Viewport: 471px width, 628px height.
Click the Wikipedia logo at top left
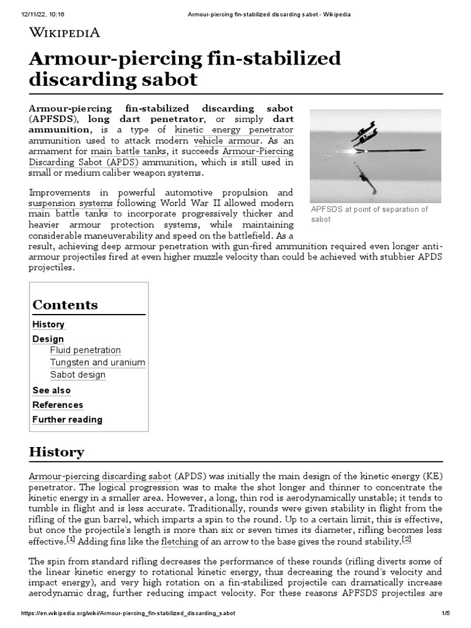click(64, 33)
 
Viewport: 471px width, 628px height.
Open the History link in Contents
click(48, 324)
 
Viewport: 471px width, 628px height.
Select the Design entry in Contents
click(48, 339)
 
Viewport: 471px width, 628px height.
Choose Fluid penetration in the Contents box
click(85, 350)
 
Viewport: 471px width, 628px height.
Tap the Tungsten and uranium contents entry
click(98, 362)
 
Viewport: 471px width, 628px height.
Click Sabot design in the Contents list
click(78, 375)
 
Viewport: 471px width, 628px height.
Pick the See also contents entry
click(52, 391)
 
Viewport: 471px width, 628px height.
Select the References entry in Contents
click(58, 405)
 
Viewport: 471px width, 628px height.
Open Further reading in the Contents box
click(67, 420)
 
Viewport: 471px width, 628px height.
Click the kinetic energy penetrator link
click(234, 130)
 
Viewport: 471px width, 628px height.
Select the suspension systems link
click(71, 203)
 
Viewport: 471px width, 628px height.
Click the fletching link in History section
click(180, 542)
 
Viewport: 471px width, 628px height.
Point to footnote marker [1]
click(71, 540)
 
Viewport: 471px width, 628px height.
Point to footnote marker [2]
click(407, 540)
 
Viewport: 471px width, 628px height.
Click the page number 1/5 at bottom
click(445, 613)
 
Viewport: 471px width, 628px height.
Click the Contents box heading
click(65, 305)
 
